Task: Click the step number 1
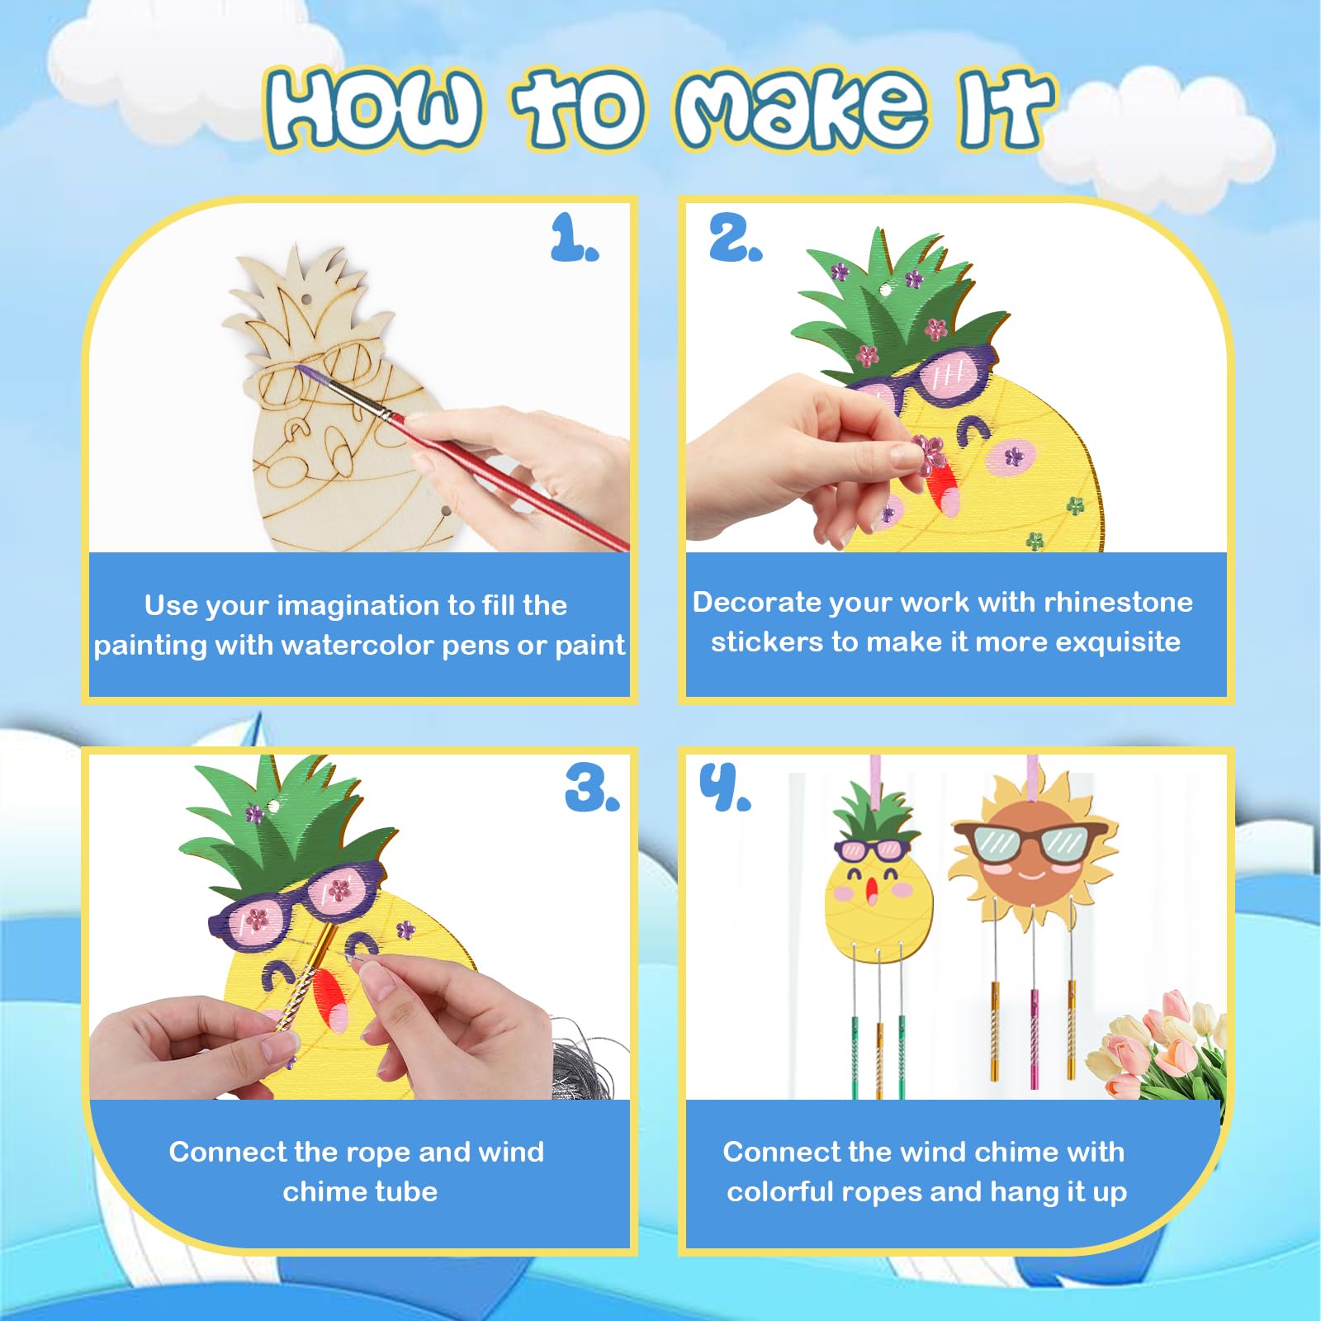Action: pos(574,238)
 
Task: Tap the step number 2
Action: pos(736,238)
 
